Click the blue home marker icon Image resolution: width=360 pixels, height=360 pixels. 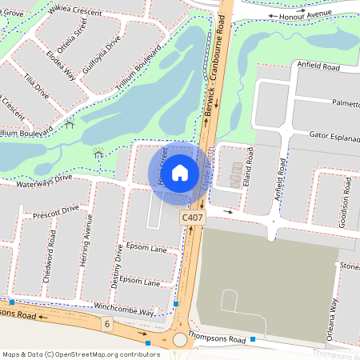pyautogui.click(x=180, y=172)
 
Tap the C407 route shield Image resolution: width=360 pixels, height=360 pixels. pyautogui.click(x=192, y=218)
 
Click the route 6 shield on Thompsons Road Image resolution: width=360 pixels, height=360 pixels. pyautogui.click(x=107, y=323)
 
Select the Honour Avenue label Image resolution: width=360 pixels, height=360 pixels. pyautogui.click(x=302, y=15)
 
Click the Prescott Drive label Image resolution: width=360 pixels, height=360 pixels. pyautogui.click(x=56, y=212)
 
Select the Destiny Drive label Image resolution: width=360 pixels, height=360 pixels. pyautogui.click(x=118, y=266)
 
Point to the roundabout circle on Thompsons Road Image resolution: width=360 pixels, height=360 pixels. pyautogui.click(x=180, y=341)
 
